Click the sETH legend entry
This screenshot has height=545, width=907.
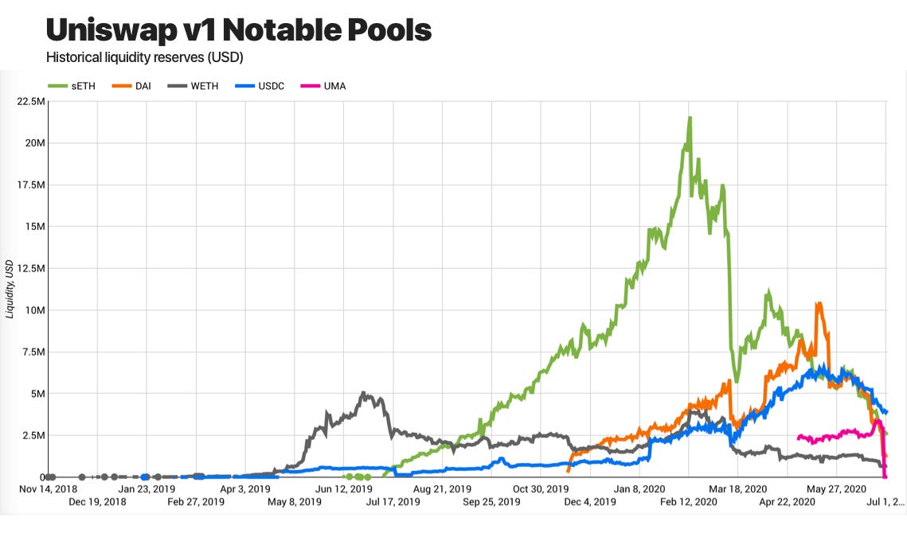click(72, 86)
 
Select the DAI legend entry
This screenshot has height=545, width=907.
click(135, 86)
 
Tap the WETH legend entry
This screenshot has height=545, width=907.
click(201, 86)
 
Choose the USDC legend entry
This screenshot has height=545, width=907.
click(270, 86)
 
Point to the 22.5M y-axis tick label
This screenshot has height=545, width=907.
click(29, 101)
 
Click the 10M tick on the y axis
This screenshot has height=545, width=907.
click(33, 309)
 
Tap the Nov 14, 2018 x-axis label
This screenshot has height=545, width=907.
click(49, 489)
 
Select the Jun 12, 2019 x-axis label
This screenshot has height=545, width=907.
click(344, 489)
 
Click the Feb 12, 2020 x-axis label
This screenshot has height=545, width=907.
click(688, 502)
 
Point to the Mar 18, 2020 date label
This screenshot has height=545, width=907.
click(737, 489)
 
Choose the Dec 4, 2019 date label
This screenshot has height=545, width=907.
click(590, 502)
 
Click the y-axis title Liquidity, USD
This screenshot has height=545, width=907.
click(10, 290)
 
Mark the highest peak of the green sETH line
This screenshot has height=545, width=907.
click(690, 118)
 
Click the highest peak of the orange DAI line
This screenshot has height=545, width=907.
click(818, 303)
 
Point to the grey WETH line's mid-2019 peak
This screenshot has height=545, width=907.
click(364, 393)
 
